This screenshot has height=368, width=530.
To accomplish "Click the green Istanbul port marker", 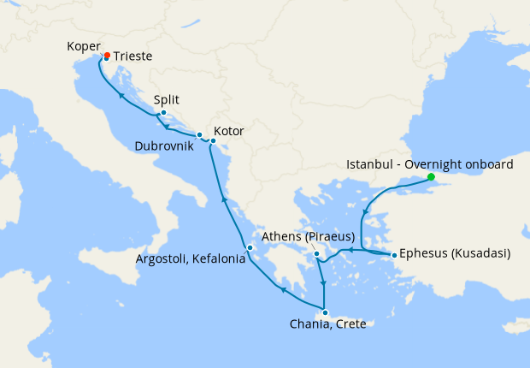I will point(432,178).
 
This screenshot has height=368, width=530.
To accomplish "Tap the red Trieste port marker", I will point(106,56).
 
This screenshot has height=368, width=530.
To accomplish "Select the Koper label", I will point(84,47).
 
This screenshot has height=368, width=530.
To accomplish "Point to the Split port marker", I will point(163,113).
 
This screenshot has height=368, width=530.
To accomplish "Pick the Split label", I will point(167,99).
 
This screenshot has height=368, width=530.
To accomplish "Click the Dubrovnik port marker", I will point(199,134).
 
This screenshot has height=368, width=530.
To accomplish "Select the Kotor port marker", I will point(213,140).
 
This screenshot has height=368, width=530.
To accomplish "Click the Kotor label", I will point(229,132).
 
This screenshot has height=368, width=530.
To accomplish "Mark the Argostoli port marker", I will point(250,249).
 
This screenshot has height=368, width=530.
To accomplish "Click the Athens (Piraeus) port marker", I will point(315,253).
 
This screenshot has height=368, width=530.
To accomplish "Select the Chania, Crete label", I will point(327,325).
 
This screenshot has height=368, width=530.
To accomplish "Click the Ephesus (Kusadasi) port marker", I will point(393,255).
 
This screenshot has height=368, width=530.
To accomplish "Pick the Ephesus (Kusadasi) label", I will point(455,254).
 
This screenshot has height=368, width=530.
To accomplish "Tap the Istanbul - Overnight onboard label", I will point(429,164).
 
